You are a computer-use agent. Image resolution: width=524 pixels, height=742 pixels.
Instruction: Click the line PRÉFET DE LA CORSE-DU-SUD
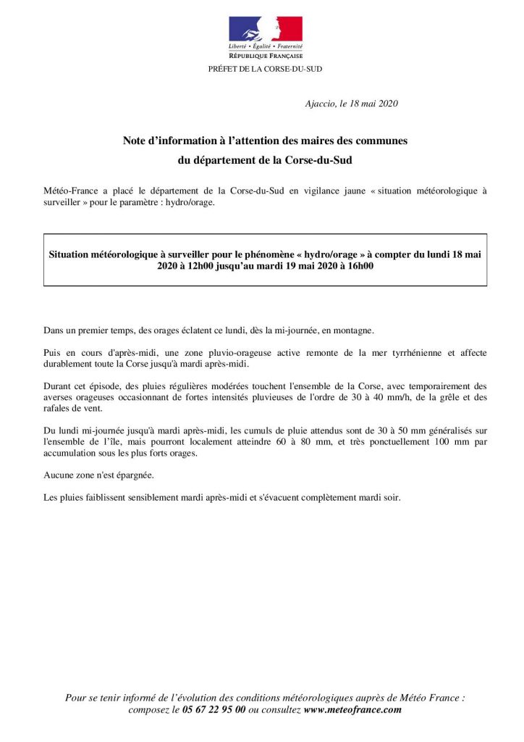[265, 69]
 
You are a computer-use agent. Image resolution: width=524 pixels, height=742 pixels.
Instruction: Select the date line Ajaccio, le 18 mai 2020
[352, 104]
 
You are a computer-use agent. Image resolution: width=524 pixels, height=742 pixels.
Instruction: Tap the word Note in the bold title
[135, 141]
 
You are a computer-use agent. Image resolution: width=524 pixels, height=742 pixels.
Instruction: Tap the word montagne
[352, 330]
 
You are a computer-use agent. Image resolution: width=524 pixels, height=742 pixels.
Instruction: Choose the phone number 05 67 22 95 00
[214, 709]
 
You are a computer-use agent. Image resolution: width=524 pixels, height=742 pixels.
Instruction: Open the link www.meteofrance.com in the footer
[352, 709]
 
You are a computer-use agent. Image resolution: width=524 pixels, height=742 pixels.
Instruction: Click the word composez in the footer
[153, 709]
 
